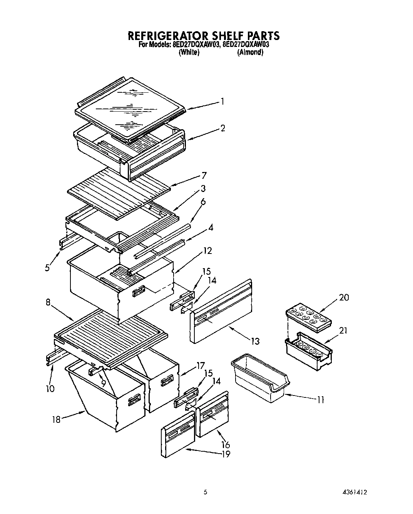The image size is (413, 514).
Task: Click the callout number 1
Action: [x=222, y=102]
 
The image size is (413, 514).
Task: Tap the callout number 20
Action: [x=344, y=297]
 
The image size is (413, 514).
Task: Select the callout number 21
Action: [x=343, y=330]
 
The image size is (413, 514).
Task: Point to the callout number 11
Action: [x=320, y=400]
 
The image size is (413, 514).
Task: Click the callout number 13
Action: [x=255, y=341]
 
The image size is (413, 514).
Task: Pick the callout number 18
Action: [x=56, y=419]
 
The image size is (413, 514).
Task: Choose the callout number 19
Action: [x=226, y=454]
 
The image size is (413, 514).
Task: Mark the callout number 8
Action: [x=48, y=302]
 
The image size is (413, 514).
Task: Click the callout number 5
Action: [x=47, y=268]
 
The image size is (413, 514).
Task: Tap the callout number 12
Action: [x=207, y=251]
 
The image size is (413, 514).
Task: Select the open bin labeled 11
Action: [x=260, y=379]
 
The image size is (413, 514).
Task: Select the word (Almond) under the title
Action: [x=250, y=53]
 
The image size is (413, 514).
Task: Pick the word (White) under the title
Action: [x=189, y=53]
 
